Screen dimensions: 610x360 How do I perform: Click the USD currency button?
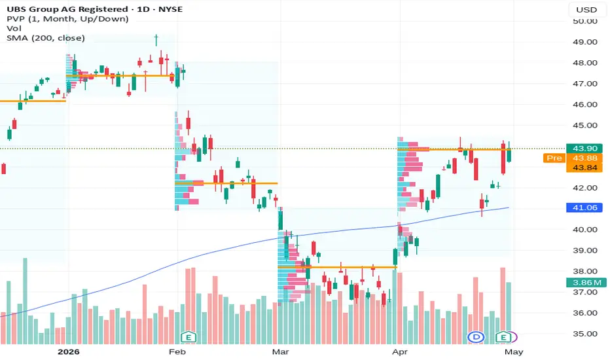[x=586, y=9]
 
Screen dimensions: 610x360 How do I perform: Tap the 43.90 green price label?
[x=584, y=149]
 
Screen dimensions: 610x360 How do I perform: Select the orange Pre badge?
[x=554, y=158]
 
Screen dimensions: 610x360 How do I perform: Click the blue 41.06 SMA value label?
[x=584, y=207]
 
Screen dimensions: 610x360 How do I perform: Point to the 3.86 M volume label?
[x=586, y=283]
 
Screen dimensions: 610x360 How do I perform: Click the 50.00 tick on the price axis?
[x=584, y=21]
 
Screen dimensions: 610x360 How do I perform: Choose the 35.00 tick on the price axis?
[x=584, y=334]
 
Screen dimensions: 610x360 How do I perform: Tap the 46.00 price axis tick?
[x=584, y=104]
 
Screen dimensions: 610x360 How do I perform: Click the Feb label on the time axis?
[x=177, y=352]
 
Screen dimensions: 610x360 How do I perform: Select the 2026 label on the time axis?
[x=69, y=352]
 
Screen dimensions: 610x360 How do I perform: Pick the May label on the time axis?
[x=514, y=352]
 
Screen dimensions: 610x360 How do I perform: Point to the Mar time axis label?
[x=281, y=352]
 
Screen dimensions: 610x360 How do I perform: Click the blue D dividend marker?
[x=476, y=337]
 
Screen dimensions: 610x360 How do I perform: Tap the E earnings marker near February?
[x=188, y=337]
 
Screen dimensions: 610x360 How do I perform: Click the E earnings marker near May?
[x=503, y=337]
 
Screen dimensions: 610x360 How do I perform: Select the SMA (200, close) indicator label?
[x=46, y=38]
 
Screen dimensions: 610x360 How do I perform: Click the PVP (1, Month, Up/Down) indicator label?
[x=67, y=19]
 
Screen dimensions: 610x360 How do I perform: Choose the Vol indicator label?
[x=14, y=28]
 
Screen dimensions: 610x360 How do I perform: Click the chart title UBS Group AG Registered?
[x=67, y=9]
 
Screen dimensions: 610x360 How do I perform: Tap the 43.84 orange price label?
[x=584, y=168]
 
